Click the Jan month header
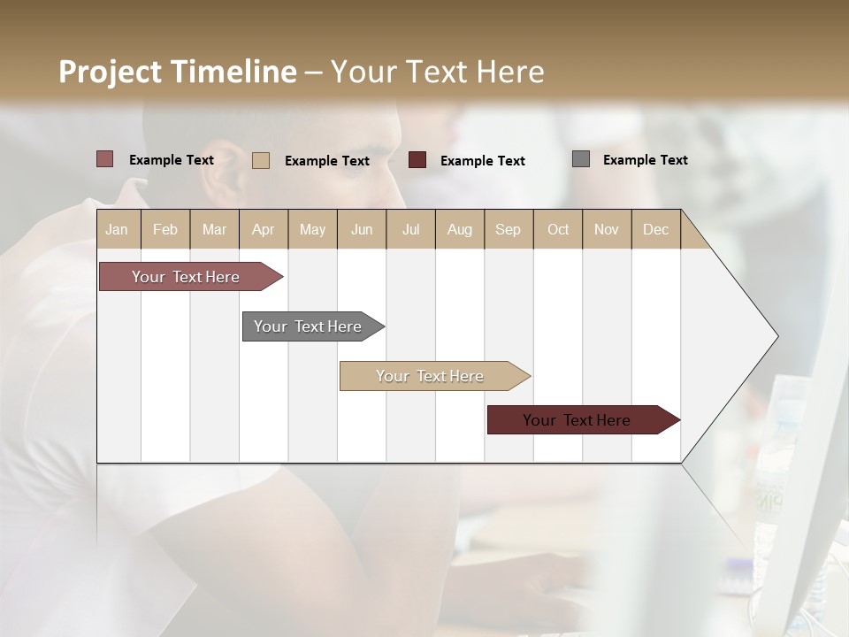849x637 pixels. click(118, 229)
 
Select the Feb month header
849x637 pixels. click(165, 229)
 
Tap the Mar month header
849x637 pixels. click(214, 229)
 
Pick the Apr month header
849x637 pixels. click(263, 229)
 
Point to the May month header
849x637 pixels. click(312, 229)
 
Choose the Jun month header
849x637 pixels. click(362, 229)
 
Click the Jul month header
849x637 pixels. click(410, 229)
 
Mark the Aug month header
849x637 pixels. click(460, 229)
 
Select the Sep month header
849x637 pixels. click(509, 229)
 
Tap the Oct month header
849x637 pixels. click(558, 229)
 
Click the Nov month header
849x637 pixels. click(607, 229)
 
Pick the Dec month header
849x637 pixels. click(655, 229)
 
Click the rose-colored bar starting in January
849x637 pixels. click(187, 277)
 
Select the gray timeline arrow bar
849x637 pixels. click(309, 326)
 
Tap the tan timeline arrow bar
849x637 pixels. click(431, 376)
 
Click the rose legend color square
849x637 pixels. click(104, 159)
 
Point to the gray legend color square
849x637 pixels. click(581, 159)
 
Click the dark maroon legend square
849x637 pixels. click(417, 160)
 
